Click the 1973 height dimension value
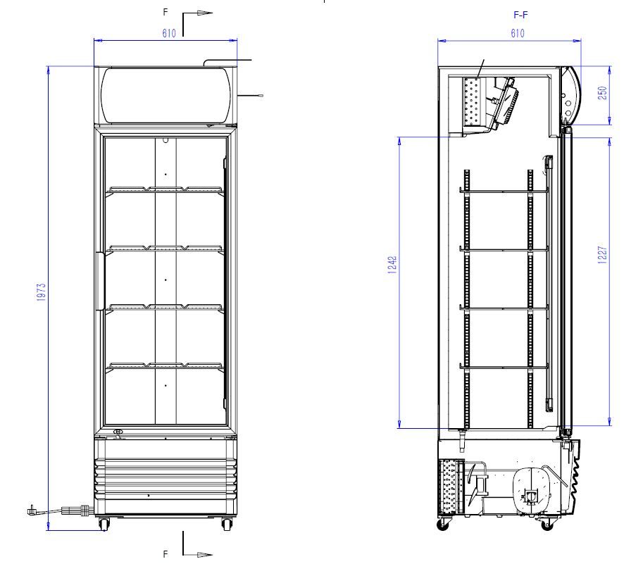pyautogui.click(x=41, y=292)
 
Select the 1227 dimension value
pyautogui.click(x=602, y=254)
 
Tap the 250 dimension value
pyautogui.click(x=602, y=94)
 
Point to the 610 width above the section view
pyautogui.click(x=517, y=33)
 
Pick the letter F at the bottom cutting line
pyautogui.click(x=166, y=553)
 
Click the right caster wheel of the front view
pyautogui.click(x=227, y=524)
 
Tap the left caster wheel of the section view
pyautogui.click(x=444, y=524)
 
